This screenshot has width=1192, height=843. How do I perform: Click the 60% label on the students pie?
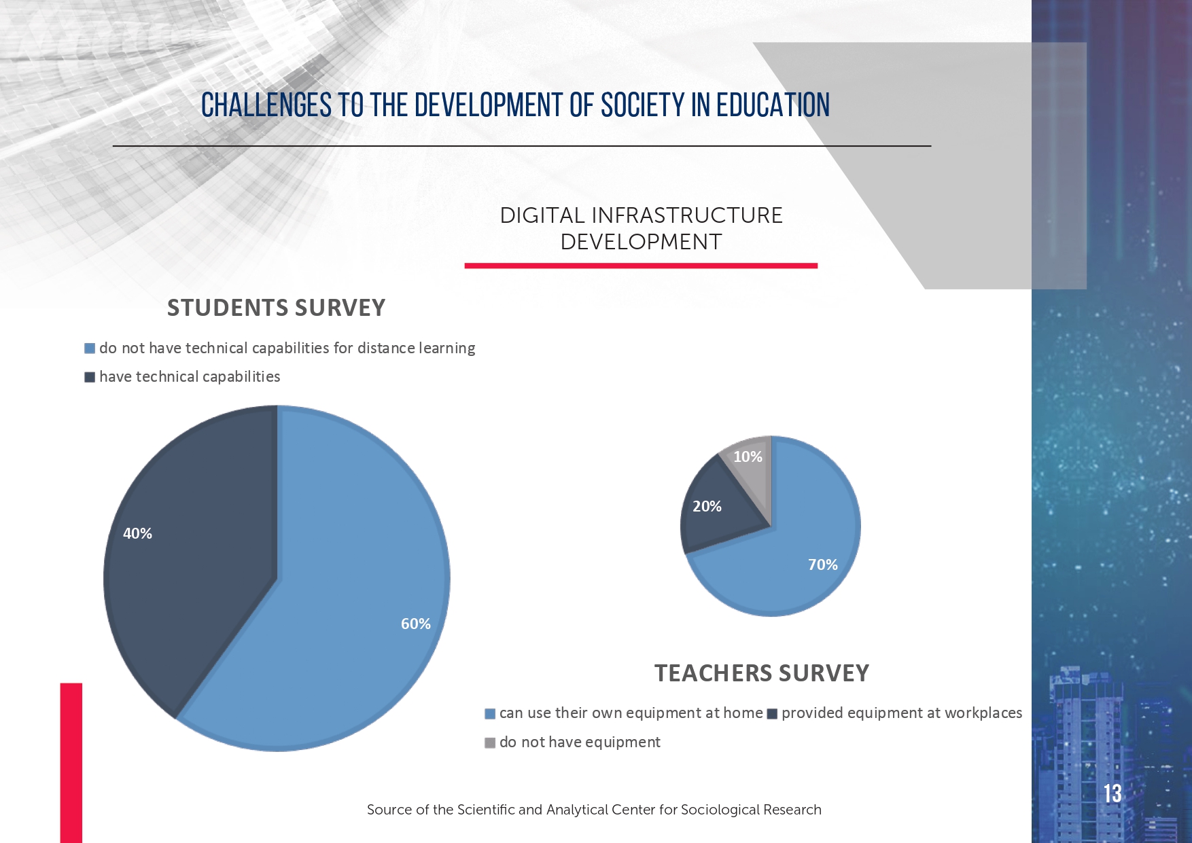pos(416,624)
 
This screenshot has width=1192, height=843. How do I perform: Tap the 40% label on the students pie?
pos(137,533)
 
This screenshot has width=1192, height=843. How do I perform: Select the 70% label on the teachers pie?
pos(823,564)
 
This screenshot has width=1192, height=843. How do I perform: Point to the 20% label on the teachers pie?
pos(707,506)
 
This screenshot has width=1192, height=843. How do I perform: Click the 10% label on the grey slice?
pos(748,456)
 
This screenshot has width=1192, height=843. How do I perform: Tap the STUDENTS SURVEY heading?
pos(276,308)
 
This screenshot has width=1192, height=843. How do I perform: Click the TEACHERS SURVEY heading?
pos(762,673)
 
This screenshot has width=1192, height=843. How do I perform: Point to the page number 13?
pos(1112,793)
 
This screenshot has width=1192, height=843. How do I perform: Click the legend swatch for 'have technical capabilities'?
pos(90,377)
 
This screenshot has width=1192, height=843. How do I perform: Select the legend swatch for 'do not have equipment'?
pos(490,742)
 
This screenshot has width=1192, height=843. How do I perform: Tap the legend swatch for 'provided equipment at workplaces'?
pos(772,714)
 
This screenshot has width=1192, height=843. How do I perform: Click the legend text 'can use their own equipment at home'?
pos(631,713)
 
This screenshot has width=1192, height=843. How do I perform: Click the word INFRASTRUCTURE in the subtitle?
pos(687,215)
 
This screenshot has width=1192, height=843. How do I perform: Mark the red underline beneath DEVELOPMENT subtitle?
pos(641,266)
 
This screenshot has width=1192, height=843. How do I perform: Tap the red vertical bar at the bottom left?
pos(71,763)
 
